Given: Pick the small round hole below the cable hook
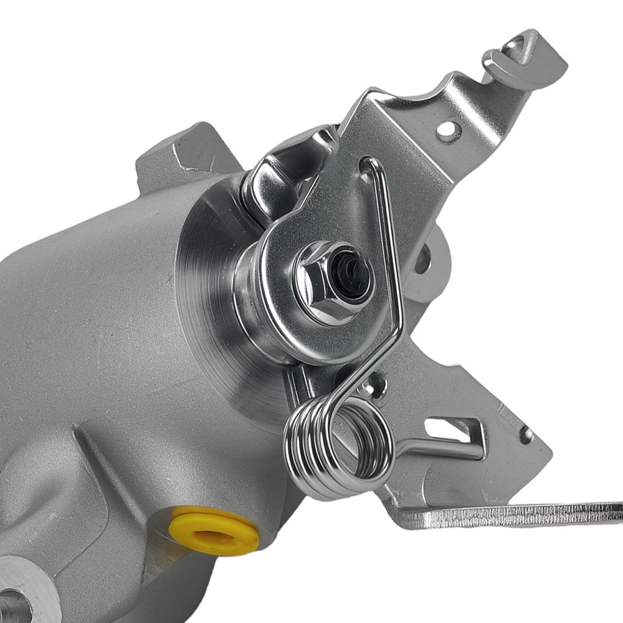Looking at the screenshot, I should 447,130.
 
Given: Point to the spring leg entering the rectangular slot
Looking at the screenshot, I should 436,444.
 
